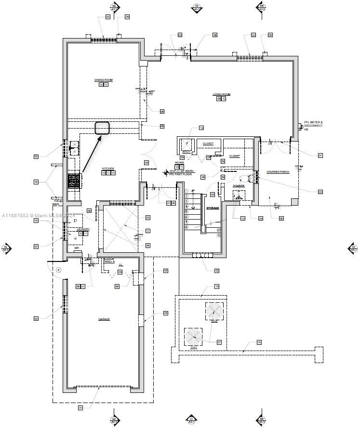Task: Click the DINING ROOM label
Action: coord(103,80)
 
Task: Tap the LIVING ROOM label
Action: coord(222,94)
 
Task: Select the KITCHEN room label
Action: coord(107,169)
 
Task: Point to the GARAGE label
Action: coord(104,319)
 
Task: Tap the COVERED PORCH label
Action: coord(278,172)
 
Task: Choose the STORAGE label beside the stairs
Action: coord(213,208)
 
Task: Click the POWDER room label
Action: coord(239,186)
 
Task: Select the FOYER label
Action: coord(179,163)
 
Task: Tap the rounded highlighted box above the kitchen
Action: coord(102,128)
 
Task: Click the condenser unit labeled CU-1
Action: coord(194,336)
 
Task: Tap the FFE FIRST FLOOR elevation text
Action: coord(181,174)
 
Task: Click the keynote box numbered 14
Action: coord(201,128)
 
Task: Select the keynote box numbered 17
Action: coord(148,231)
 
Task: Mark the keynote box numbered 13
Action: coord(243,219)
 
